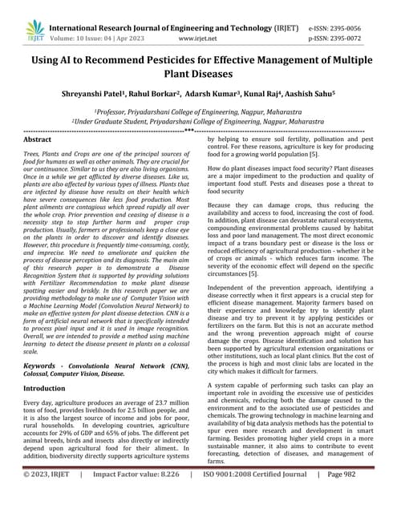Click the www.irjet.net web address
(200, 37)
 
